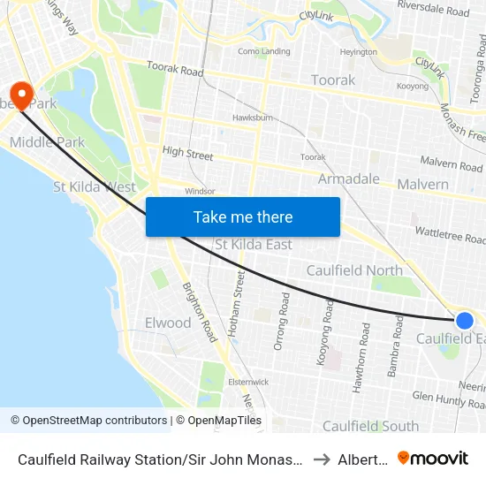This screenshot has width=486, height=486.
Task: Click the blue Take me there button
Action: pyautogui.click(x=242, y=216)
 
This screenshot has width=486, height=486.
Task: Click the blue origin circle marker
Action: pyautogui.click(x=464, y=320)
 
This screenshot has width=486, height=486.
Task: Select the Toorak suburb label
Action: pyautogui.click(x=333, y=80)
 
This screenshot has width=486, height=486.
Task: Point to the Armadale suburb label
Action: pyautogui.click(x=348, y=179)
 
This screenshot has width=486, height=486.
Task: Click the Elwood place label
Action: pyautogui.click(x=168, y=323)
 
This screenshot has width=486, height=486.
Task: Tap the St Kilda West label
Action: pyautogui.click(x=95, y=187)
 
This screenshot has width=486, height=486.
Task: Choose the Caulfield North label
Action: pyautogui.click(x=353, y=270)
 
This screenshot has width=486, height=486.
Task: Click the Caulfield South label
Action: pyautogui.click(x=370, y=426)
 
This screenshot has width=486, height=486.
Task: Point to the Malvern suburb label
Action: pyautogui.click(x=422, y=185)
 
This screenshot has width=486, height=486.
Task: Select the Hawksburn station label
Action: pyautogui.click(x=250, y=118)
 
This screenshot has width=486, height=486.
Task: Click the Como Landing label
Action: pyautogui.click(x=263, y=51)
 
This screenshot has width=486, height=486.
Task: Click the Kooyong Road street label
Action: pyautogui.click(x=329, y=323)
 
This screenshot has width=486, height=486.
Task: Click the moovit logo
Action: pyautogui.click(x=433, y=458)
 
